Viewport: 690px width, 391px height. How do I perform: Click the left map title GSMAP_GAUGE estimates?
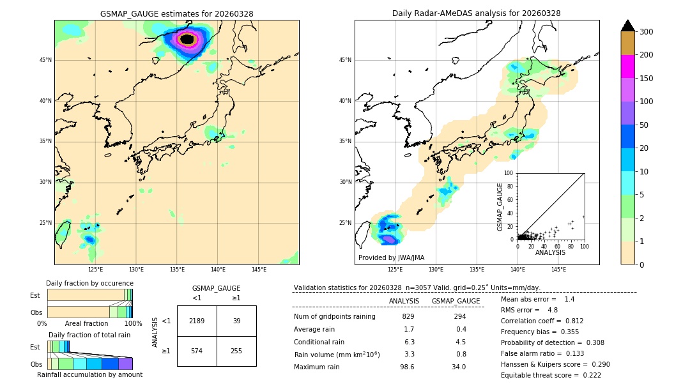[176, 13]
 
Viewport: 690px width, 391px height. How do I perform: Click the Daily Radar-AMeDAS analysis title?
[476, 13]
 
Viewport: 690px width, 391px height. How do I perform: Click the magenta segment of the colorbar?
[627, 67]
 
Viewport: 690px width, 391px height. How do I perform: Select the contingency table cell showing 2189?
[197, 321]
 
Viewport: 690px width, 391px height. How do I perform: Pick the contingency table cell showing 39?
[236, 321]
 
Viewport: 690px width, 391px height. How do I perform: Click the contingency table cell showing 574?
[197, 351]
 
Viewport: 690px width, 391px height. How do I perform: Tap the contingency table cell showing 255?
[236, 351]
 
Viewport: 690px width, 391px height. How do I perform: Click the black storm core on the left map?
[187, 39]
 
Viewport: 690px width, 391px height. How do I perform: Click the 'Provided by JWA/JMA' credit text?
[391, 258]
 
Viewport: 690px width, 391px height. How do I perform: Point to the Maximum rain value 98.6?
[407, 367]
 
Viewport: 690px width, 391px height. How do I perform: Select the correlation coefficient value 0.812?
[569, 321]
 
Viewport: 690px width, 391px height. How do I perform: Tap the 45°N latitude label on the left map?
[45, 60]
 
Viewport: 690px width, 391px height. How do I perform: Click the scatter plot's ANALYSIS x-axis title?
[550, 252]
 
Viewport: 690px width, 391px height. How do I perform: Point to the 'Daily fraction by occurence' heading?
[89, 283]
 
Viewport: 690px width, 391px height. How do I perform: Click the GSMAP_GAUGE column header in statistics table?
[456, 301]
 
